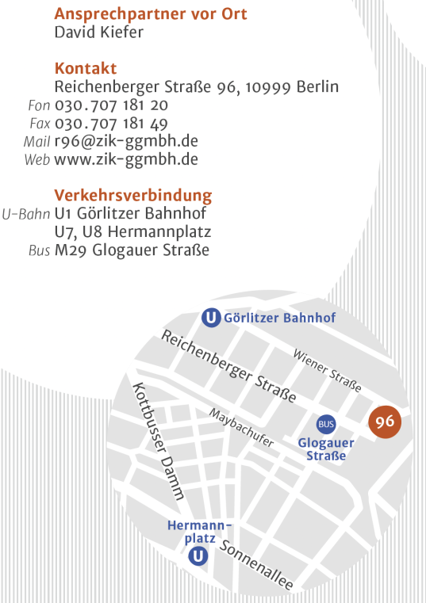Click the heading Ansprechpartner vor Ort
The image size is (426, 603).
click(x=150, y=13)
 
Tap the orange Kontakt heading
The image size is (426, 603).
click(x=85, y=68)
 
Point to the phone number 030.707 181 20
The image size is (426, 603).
click(x=111, y=105)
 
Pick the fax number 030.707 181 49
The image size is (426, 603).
click(x=111, y=123)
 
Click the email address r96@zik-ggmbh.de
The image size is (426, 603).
click(x=126, y=141)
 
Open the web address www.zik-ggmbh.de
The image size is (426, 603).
click(x=126, y=159)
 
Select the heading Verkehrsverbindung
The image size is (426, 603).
click(x=132, y=195)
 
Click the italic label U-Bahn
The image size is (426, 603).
click(x=26, y=214)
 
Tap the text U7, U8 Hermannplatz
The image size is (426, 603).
click(x=132, y=232)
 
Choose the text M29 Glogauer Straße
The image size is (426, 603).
click(x=132, y=250)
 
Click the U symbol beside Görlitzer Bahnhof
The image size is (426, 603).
click(x=211, y=318)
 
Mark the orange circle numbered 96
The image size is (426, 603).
click(x=386, y=422)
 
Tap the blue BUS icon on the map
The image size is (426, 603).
click(x=326, y=424)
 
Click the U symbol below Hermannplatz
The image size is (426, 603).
click(x=198, y=557)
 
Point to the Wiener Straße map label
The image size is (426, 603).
click(x=327, y=370)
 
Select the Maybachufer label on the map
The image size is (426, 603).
click(x=242, y=428)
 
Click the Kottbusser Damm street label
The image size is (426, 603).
click(x=159, y=441)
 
